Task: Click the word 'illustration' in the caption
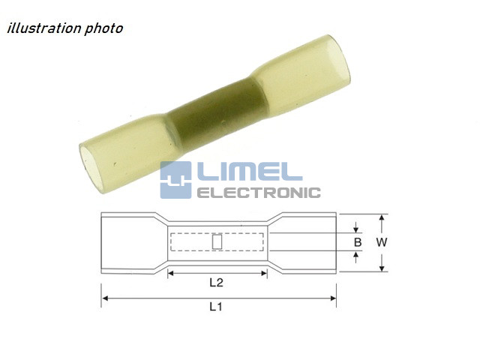coord(44,28)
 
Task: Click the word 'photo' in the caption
coord(103,28)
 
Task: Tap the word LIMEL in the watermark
coord(250,172)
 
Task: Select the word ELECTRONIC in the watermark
coord(259,193)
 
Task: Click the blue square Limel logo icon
coord(175,180)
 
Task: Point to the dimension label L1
coord(216,307)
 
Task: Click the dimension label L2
coord(216,283)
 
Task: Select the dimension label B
coord(358,242)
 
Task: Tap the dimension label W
coord(382,242)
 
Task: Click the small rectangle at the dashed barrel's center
coord(217,241)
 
